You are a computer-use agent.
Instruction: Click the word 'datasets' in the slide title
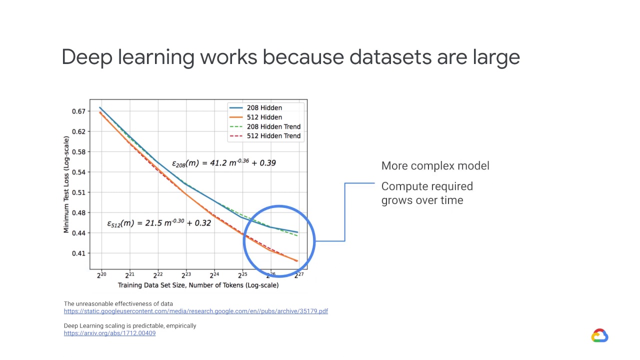pyautogui.click(x=390, y=57)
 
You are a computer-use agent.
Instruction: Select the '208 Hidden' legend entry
pyautogui.click(x=264, y=107)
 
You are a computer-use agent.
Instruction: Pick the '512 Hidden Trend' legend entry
pyautogui.click(x=273, y=135)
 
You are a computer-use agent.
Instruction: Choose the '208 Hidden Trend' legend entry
pyautogui.click(x=273, y=126)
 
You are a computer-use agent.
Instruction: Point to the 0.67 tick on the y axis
pyautogui.click(x=79, y=111)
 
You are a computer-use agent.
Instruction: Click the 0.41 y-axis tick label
pyautogui.click(x=79, y=253)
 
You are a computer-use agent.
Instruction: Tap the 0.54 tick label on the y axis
pyautogui.click(x=79, y=172)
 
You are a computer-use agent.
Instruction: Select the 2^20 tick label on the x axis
pyautogui.click(x=101, y=274)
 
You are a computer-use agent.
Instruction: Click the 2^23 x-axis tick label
pyautogui.click(x=186, y=274)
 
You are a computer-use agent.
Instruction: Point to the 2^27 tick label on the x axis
pyautogui.click(x=298, y=274)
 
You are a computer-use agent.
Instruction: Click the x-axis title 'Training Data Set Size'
pyautogui.click(x=198, y=285)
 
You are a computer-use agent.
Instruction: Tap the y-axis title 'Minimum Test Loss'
pyautogui.click(x=66, y=184)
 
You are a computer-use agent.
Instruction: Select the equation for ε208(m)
pyautogui.click(x=223, y=162)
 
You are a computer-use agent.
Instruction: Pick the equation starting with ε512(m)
pyautogui.click(x=159, y=223)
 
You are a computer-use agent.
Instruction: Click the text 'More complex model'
pyautogui.click(x=435, y=166)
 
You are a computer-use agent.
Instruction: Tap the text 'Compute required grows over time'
pyautogui.click(x=426, y=193)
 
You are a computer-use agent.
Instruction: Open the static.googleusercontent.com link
pyautogui.click(x=195, y=311)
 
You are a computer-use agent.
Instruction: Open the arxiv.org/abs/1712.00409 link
pyautogui.click(x=109, y=333)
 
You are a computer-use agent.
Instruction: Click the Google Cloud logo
pyautogui.click(x=599, y=335)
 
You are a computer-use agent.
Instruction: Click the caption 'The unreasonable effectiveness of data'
pyautogui.click(x=118, y=303)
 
